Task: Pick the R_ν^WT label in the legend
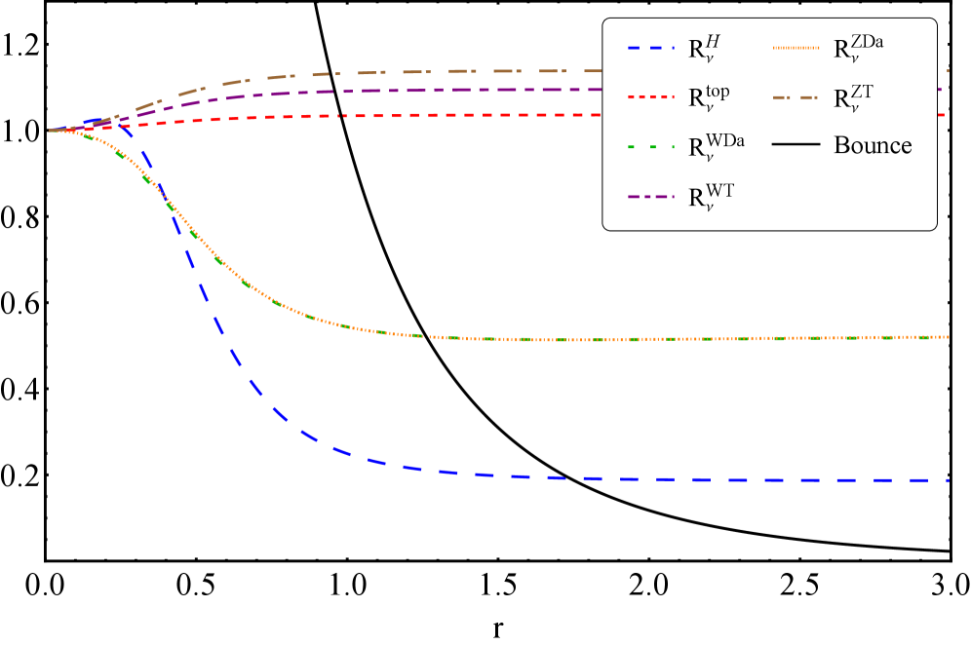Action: click(x=711, y=197)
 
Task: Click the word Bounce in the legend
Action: click(x=873, y=146)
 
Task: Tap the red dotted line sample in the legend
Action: click(x=648, y=98)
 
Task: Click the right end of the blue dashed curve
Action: click(x=948, y=480)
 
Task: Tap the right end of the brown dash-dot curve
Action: click(x=948, y=71)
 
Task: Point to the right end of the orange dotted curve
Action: click(x=948, y=337)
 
